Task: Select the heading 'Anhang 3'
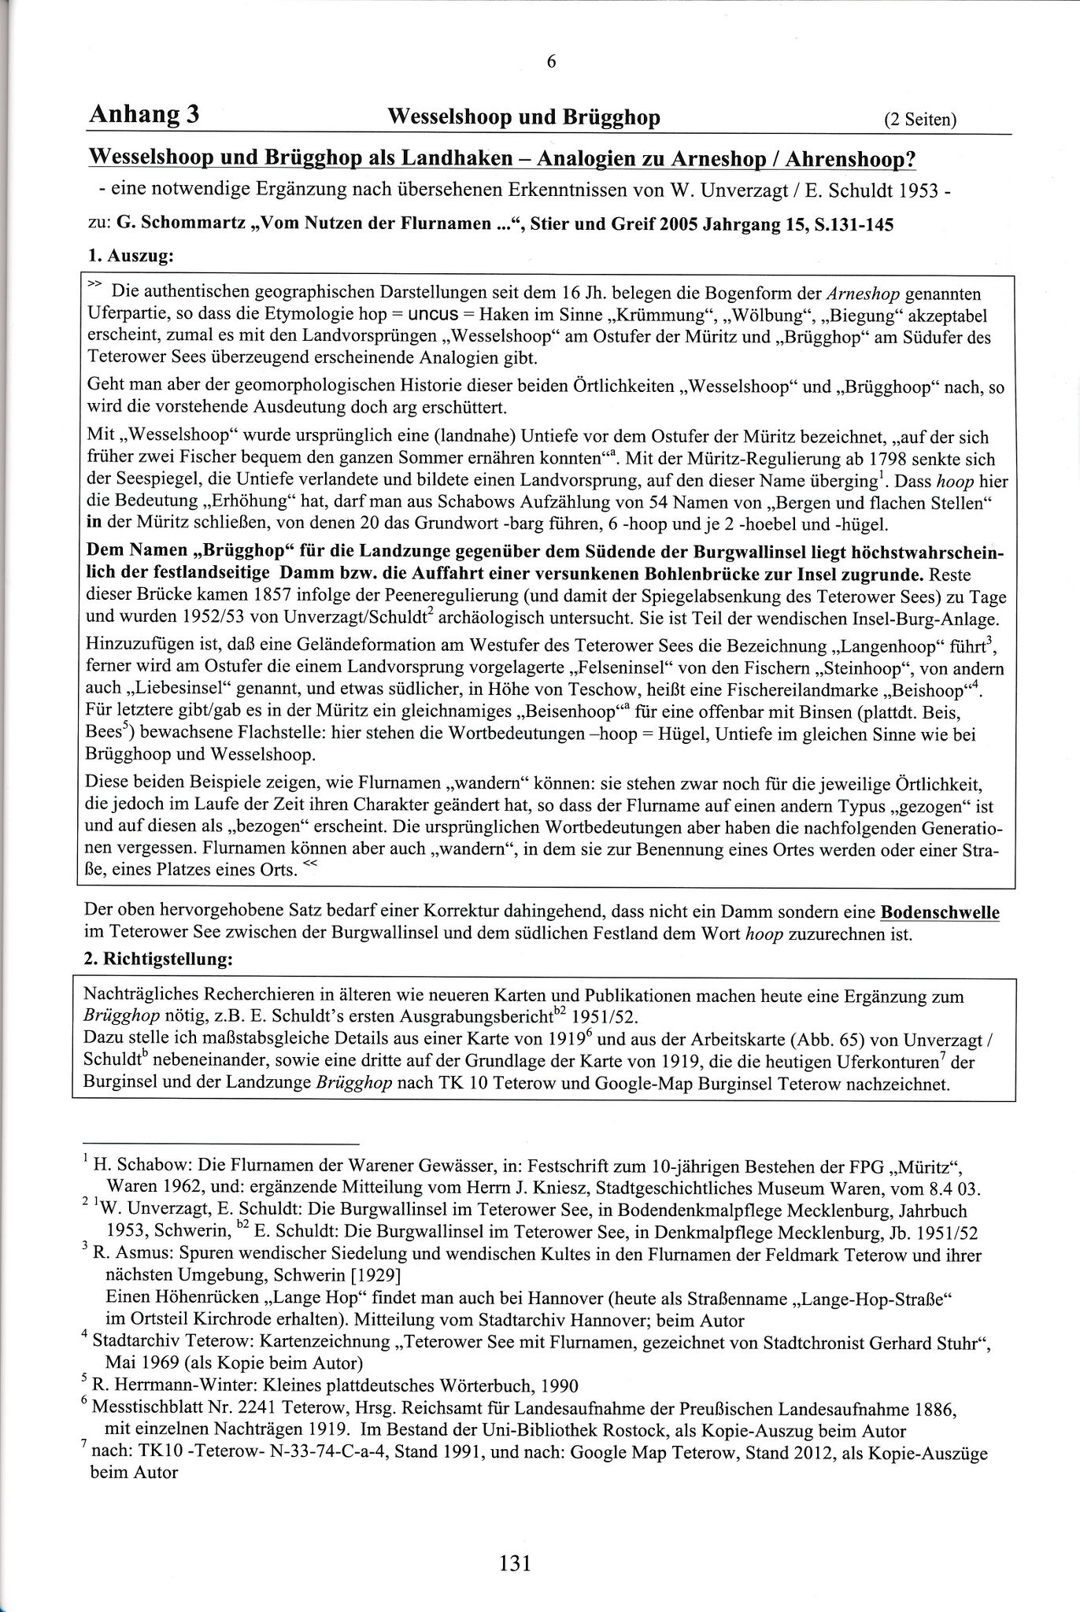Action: pyautogui.click(x=143, y=115)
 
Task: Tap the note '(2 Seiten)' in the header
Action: pyautogui.click(x=920, y=120)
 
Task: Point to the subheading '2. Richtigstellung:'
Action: pyautogui.click(x=158, y=959)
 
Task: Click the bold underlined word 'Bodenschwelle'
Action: pyautogui.click(x=939, y=913)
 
